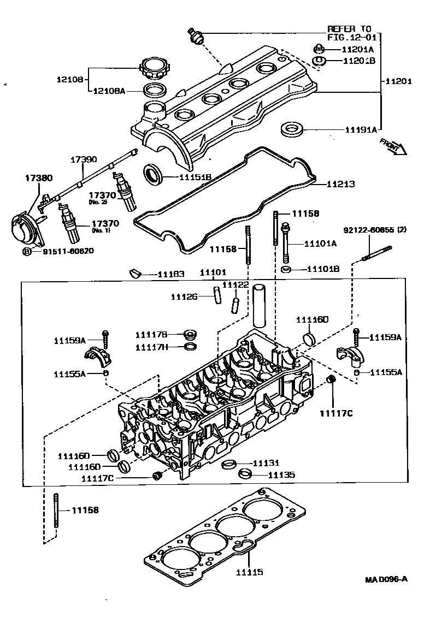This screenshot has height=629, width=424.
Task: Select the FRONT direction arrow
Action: click(392, 146)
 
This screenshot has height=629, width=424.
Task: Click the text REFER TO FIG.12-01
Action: click(349, 33)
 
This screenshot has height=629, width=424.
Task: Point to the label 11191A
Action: click(361, 130)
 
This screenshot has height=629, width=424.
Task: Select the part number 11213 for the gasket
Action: click(340, 185)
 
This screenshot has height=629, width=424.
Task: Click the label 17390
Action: click(84, 160)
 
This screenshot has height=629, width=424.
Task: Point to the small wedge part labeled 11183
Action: click(136, 272)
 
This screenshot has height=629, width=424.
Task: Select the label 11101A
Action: click(320, 244)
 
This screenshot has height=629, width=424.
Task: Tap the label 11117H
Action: click(152, 347)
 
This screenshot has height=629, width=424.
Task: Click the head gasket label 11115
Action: click(250, 572)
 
